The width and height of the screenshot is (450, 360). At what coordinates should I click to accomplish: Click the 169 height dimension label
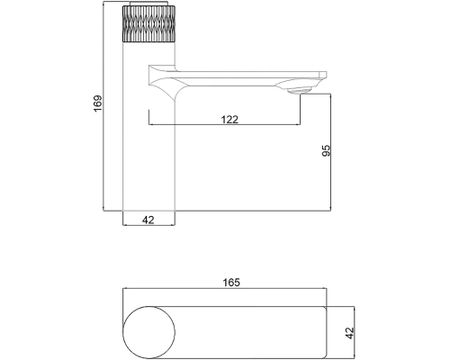point(98,103)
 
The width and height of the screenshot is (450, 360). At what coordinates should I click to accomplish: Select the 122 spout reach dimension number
point(229,120)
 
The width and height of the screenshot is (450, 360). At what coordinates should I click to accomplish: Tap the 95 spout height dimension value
point(326,150)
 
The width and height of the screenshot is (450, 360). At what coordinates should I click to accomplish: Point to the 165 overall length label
point(231,283)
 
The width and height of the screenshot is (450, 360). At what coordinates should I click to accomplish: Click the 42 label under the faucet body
point(148,220)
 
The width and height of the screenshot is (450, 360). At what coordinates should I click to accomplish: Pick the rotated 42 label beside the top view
point(350,333)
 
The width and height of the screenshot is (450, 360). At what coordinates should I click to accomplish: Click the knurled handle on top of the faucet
point(148,23)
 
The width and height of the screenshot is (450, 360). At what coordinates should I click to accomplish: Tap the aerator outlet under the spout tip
point(299,91)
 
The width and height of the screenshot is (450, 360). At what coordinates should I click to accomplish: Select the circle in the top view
point(148,332)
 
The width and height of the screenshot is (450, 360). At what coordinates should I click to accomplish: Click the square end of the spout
point(323,75)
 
